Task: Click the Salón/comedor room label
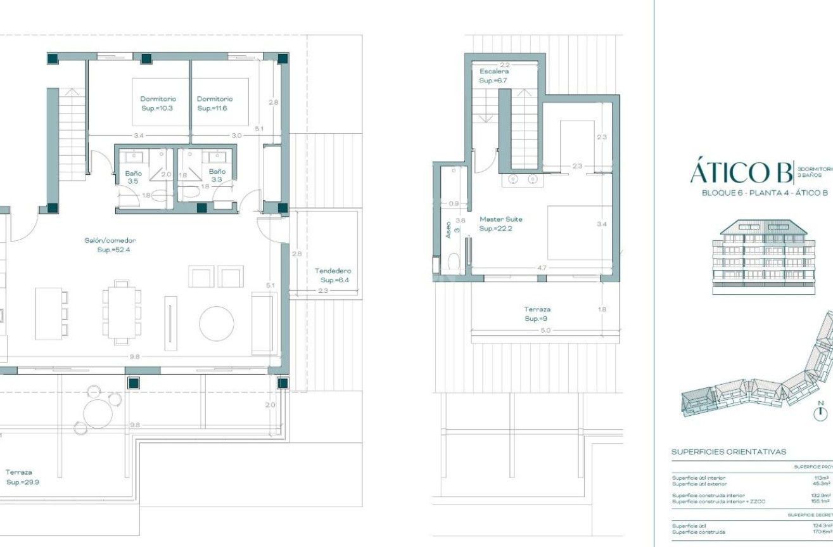pos(110,241)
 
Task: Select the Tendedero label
pos(333,271)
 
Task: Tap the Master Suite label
pos(500,219)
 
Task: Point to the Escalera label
pos(494,72)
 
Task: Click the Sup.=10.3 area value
pos(157,108)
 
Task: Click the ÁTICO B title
pos(741,172)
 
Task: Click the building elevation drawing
pos(765,257)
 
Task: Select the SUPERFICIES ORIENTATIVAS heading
pos(728,452)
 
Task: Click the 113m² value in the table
pos(821,478)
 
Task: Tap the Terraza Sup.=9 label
pos(537,314)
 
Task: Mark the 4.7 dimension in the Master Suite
pos(541,268)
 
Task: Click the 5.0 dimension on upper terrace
pos(545,330)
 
